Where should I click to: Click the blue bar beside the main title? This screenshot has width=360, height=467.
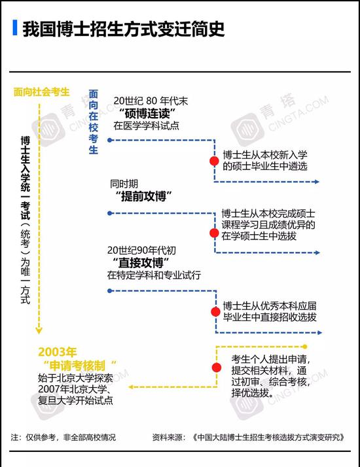coord(15,27)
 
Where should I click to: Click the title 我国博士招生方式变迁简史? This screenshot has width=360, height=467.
coord(123,29)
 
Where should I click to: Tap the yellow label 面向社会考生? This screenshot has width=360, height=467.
coord(42,92)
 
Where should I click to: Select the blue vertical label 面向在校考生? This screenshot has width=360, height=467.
coord(94,122)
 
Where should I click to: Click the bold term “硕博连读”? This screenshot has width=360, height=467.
coord(147,113)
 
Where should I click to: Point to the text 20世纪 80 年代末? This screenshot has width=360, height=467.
coord(151,101)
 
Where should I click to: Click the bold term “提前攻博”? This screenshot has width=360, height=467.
coord(144,196)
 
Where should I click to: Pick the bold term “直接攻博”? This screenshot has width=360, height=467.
coord(141,263)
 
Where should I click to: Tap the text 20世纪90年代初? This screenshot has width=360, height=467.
coord(141,250)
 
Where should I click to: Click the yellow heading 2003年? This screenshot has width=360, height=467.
coord(57,352)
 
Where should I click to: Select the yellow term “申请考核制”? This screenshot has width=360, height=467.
coord(80,365)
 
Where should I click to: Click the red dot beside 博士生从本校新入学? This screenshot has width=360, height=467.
coord(214,161)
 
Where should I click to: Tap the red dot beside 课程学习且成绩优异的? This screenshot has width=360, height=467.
coord(214,233)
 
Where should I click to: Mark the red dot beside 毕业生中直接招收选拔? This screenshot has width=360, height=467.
coord(215,311)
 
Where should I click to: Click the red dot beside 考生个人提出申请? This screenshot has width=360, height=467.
coord(217,368)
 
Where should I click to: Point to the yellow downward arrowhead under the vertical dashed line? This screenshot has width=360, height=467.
coord(39,330)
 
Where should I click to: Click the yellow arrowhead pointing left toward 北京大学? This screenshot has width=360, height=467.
coord(130,387)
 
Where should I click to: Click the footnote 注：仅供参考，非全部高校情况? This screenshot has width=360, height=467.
coord(63,437)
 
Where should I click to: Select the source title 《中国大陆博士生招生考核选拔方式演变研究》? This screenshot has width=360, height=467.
coord(268,437)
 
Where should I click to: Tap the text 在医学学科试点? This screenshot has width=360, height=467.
coord(146,126)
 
